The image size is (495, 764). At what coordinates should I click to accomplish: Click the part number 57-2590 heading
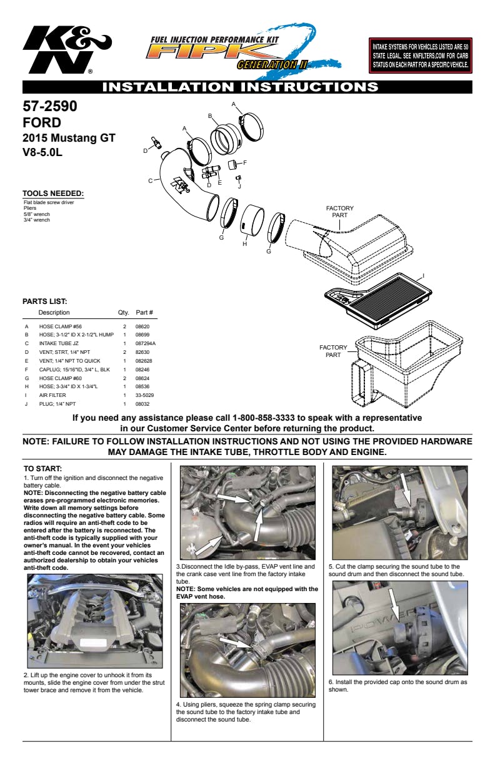(50, 106)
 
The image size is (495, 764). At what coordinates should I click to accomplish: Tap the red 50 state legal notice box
(420, 55)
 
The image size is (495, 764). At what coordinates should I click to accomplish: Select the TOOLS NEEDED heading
(53, 193)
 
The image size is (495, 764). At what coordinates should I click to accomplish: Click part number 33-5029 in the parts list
(144, 395)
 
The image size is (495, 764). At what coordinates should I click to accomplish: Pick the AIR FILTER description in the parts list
(53, 395)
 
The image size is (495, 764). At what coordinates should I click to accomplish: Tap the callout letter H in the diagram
(244, 244)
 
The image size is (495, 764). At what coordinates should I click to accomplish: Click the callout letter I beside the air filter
(423, 275)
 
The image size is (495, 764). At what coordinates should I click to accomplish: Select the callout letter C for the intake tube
(150, 181)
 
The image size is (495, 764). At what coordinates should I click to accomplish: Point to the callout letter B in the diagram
(211, 115)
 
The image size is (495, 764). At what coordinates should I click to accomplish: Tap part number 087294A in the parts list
(146, 343)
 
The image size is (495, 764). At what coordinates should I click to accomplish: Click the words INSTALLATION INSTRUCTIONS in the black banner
(240, 87)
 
